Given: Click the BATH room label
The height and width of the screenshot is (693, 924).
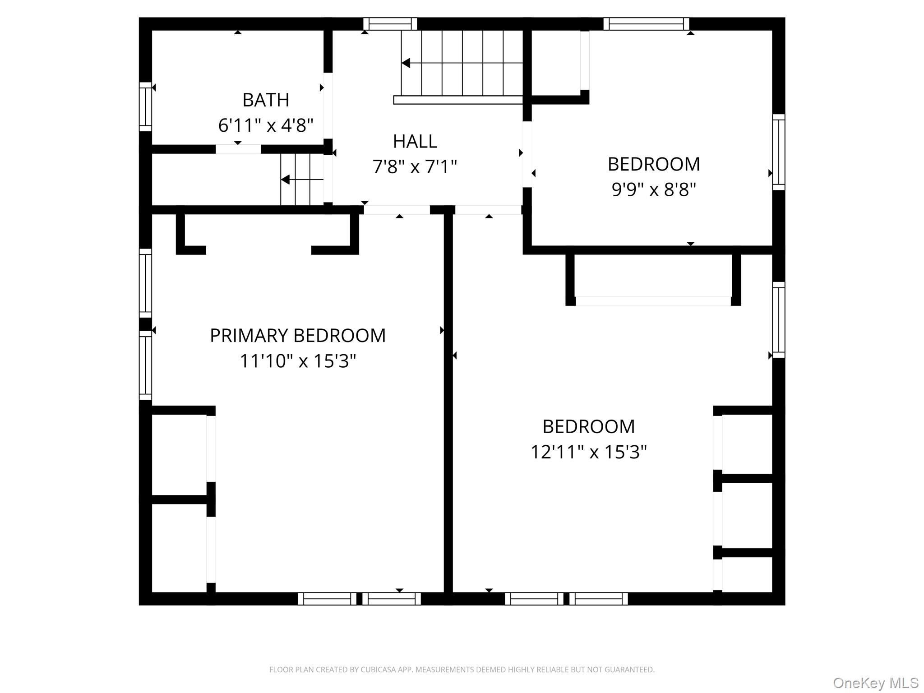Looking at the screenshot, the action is coord(266,100).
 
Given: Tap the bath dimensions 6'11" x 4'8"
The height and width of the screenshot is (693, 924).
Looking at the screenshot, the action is coord(266,125).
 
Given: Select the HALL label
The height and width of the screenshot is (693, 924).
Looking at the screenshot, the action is coord(415,142).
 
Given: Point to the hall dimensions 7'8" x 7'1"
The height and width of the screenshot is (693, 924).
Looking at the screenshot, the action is coord(415,167).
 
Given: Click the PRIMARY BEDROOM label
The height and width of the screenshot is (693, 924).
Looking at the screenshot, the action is coord(298,336).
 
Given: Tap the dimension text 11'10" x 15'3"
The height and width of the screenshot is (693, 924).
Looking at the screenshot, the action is coord(298,361).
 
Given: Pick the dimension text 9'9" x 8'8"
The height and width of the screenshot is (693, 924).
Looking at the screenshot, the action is coord(654,189).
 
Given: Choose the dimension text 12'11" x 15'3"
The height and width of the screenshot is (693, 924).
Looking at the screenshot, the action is coord(589,452).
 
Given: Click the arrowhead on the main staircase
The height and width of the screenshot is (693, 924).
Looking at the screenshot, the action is coord(406,63).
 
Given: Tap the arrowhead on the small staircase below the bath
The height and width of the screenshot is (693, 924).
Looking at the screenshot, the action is coord(285,180).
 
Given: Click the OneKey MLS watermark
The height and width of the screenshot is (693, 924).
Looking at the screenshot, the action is coord(876,683).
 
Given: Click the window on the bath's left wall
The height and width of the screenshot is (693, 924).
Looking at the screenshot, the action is coord(145,107).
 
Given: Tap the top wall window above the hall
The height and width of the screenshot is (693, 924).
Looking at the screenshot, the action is coord(390,24).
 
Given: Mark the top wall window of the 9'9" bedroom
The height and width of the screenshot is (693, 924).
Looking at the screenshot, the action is coord(647,24).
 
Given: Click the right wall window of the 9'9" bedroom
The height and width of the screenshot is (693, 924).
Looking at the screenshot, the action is coord(779,152).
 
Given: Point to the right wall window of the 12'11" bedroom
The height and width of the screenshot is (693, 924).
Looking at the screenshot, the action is coord(779,320).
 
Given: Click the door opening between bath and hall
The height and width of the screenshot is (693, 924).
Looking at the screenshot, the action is coord(328,106).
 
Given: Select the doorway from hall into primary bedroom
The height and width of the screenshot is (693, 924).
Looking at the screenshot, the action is coord(397,210).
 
